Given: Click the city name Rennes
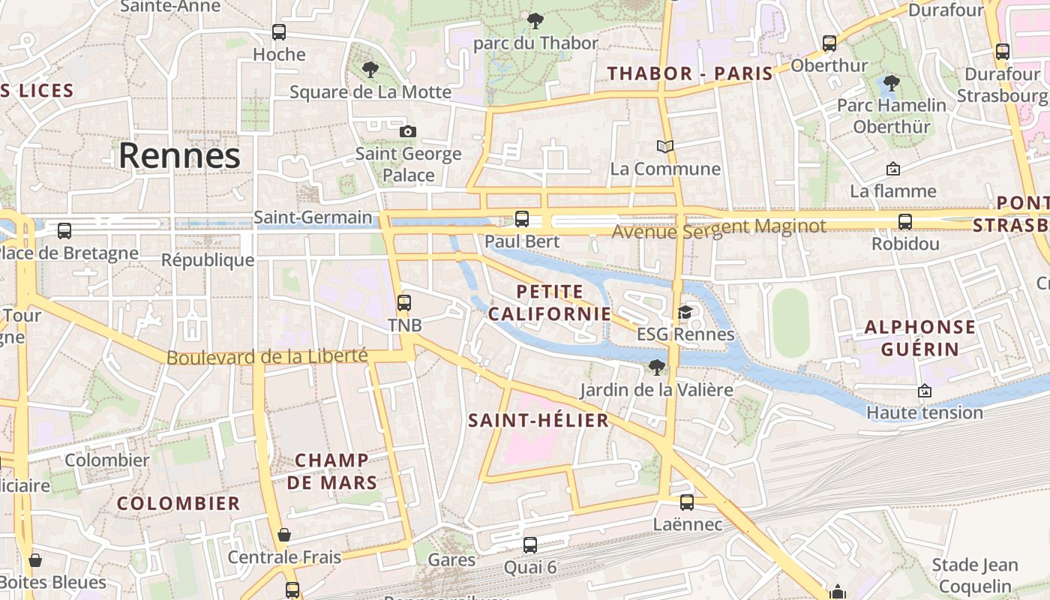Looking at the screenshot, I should click(x=179, y=156).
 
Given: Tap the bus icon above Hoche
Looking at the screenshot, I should click(x=279, y=32).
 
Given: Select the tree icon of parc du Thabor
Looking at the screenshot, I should click(x=535, y=21).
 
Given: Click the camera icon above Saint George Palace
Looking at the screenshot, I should click(x=408, y=131).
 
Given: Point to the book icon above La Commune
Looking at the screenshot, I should click(x=665, y=145).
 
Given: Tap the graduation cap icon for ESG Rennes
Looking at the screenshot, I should click(x=685, y=312).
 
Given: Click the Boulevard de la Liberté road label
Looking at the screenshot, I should click(x=266, y=357).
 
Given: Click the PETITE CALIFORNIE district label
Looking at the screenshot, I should click(x=550, y=302).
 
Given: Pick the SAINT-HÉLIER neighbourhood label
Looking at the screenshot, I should click(x=538, y=420).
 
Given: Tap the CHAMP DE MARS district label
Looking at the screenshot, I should click(x=331, y=471).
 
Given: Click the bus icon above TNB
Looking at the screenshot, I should click(x=404, y=303).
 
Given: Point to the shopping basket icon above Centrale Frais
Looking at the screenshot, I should click(x=284, y=535).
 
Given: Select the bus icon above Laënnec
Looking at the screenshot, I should click(x=687, y=502).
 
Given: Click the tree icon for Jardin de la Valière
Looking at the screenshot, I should click(x=656, y=367).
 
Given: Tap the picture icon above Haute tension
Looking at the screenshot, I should click(x=925, y=391).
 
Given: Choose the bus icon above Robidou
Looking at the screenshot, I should click(x=905, y=222).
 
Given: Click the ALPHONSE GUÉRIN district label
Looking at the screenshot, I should click(x=919, y=337).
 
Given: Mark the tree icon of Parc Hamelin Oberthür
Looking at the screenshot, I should click(x=891, y=83).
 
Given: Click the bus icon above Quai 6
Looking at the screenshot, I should click(x=530, y=545).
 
